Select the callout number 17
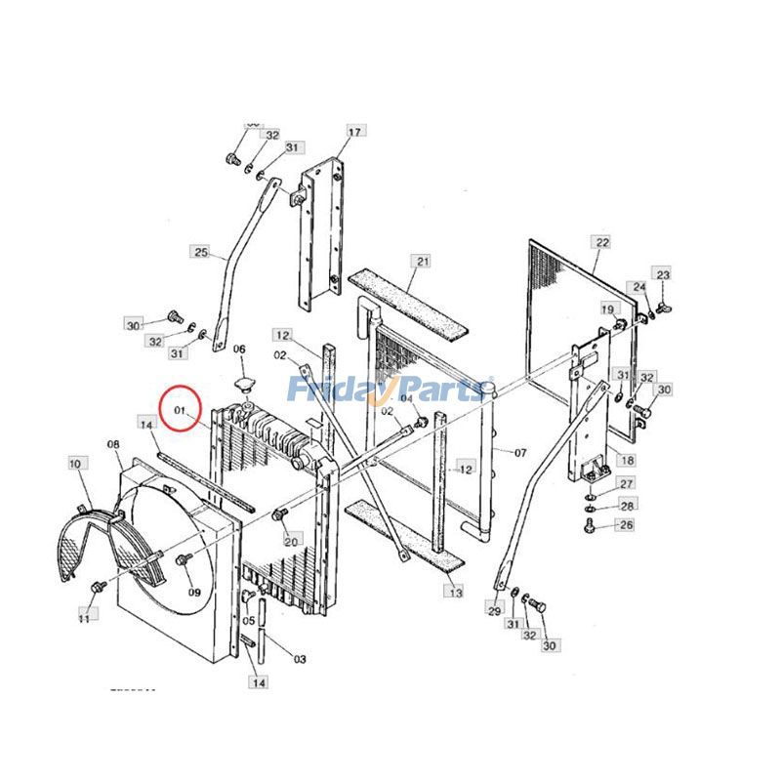pyautogui.click(x=353, y=132)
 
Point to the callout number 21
pyautogui.click(x=422, y=262)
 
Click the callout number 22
pyautogui.click(x=601, y=241)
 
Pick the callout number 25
pyautogui.click(x=201, y=253)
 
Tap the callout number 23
pyautogui.click(x=663, y=275)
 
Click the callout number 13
pyautogui.click(x=454, y=592)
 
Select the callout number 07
pyautogui.click(x=520, y=453)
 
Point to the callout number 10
pyautogui.click(x=75, y=465)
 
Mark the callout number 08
pyautogui.click(x=113, y=445)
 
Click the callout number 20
pyautogui.click(x=291, y=540)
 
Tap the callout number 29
pyautogui.click(x=495, y=610)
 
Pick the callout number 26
pyautogui.click(x=626, y=525)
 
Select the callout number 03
pyautogui.click(x=300, y=660)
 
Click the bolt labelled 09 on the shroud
pyautogui.click(x=183, y=560)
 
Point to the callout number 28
pyautogui.click(x=627, y=505)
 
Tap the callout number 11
pyautogui.click(x=84, y=617)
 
